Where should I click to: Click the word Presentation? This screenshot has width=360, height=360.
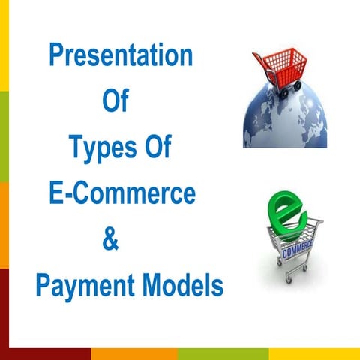coord(121,57)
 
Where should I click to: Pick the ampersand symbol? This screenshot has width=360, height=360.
coord(109,240)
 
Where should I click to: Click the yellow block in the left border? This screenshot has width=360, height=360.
coord(4,45)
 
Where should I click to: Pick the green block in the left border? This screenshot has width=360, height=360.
coord(4,135)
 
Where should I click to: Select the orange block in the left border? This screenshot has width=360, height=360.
coord(4,225)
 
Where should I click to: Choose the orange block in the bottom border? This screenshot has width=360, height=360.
coord(135,354)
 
